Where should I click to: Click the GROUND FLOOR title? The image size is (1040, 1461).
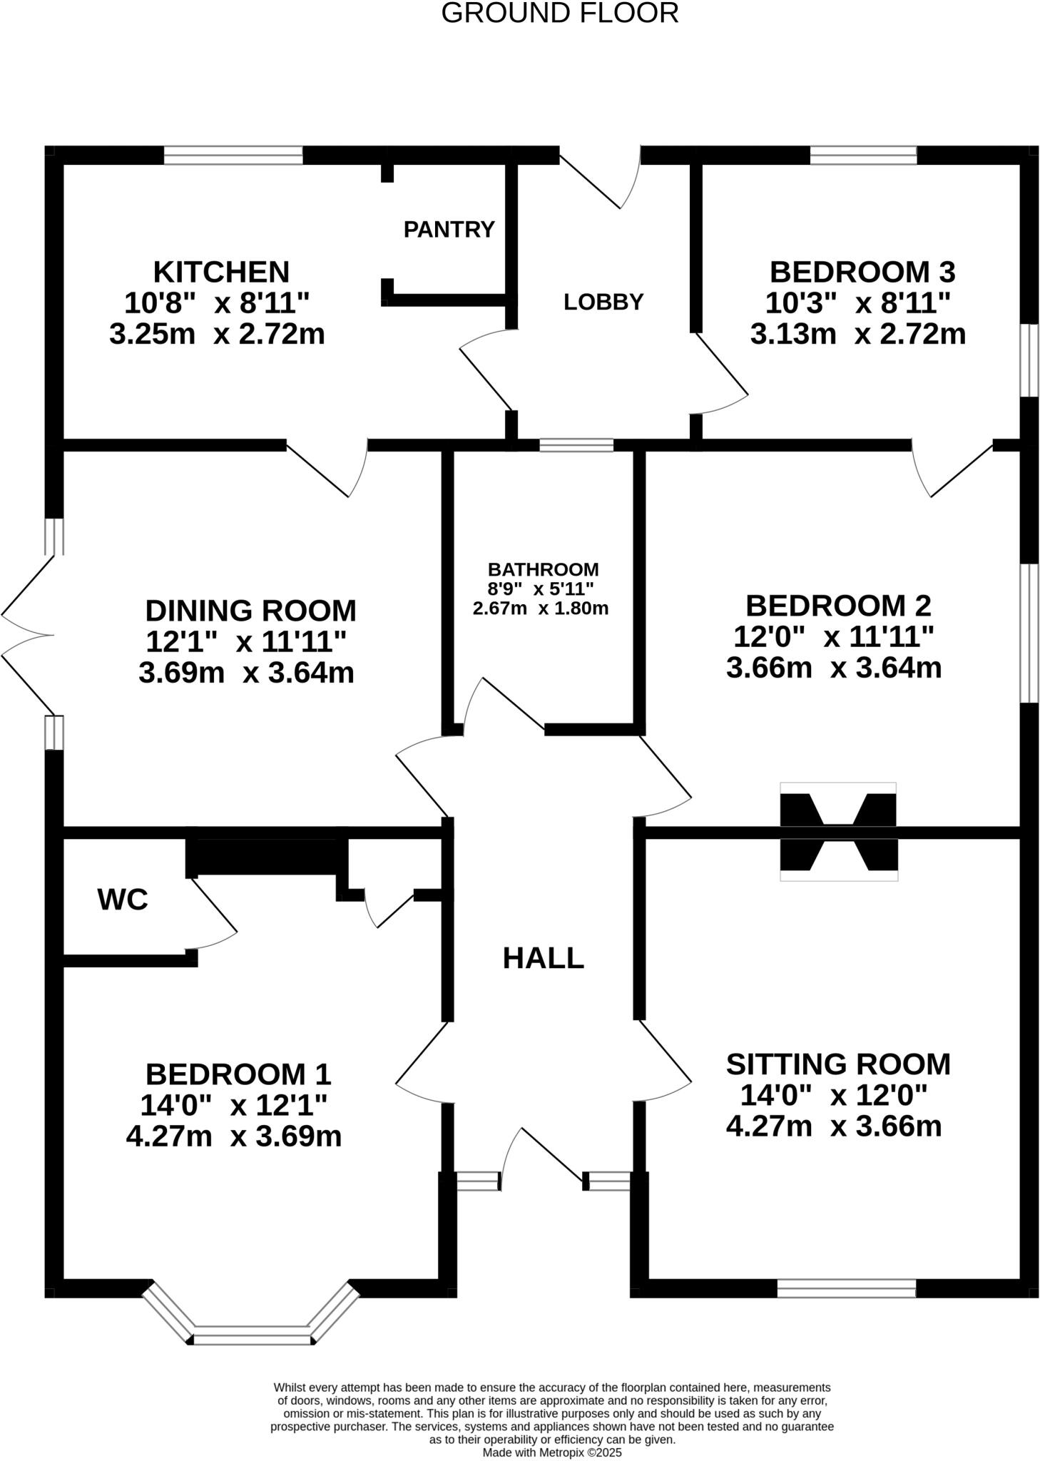pyautogui.click(x=559, y=14)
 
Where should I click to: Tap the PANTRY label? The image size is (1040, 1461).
pyautogui.click(x=449, y=229)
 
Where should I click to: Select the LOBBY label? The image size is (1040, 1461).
pyautogui.click(x=603, y=302)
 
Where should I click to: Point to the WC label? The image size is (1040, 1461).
pyautogui.click(x=123, y=900)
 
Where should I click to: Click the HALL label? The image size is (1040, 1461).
pyautogui.click(x=543, y=958)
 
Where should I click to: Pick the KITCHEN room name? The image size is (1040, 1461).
pyautogui.click(x=221, y=272)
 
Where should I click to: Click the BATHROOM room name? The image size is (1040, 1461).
pyautogui.click(x=543, y=569)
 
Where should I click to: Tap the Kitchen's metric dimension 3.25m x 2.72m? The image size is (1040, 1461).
pyautogui.click(x=217, y=334)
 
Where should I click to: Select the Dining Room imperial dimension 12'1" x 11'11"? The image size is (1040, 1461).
pyautogui.click(x=246, y=642)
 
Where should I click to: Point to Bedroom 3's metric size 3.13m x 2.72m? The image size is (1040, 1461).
pyautogui.click(x=858, y=334)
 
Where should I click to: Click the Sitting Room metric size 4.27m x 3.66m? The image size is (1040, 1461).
pyautogui.click(x=834, y=1126)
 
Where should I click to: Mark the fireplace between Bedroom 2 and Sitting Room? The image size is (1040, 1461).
pyautogui.click(x=837, y=832)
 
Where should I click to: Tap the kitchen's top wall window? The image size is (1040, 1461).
pyautogui.click(x=233, y=155)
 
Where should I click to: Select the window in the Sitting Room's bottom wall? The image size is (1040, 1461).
pyautogui.click(x=845, y=1288)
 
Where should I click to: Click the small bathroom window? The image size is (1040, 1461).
pyautogui.click(x=576, y=445)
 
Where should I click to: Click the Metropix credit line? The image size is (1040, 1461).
pyautogui.click(x=552, y=1452)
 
